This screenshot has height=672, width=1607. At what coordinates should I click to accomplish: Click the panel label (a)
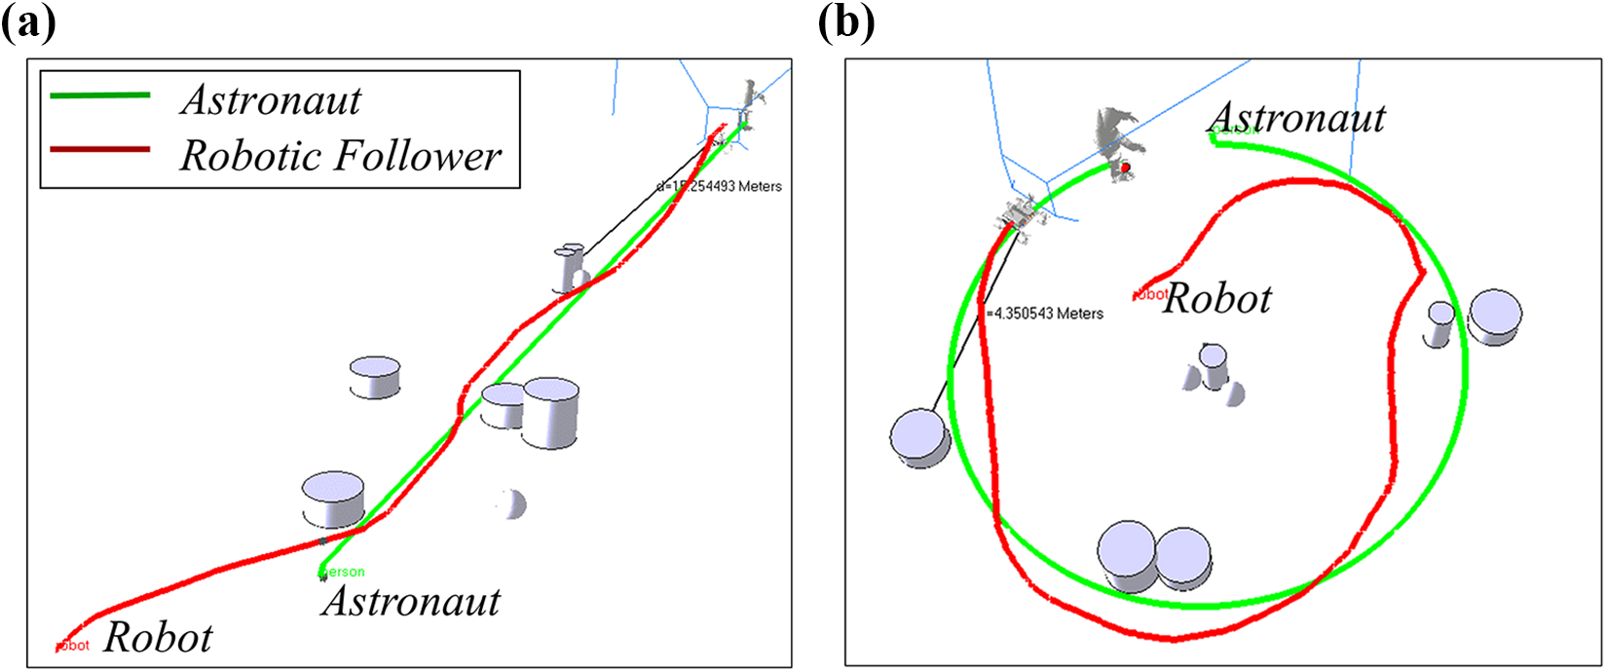tap(28, 22)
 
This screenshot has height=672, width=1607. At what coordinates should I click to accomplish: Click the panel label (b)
tap(846, 22)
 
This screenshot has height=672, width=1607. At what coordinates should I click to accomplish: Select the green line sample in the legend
tap(100, 95)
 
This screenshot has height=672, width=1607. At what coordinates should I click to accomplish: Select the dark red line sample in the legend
tap(100, 149)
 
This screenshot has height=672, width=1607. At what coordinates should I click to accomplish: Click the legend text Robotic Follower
tap(340, 156)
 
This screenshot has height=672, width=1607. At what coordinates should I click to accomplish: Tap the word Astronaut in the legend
tap(271, 100)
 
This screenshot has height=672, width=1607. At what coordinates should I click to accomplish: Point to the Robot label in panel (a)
tap(158, 638)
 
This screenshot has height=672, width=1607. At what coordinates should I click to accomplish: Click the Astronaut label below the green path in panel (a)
tap(410, 601)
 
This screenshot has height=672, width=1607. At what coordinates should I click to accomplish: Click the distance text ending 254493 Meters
tap(721, 186)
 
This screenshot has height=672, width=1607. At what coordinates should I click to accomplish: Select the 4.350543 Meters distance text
tap(1045, 314)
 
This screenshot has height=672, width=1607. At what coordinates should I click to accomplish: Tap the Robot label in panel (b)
tap(1217, 299)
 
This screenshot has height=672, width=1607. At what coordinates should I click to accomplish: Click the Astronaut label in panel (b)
tap(1296, 119)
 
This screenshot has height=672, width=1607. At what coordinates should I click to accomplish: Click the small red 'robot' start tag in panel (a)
tap(73, 645)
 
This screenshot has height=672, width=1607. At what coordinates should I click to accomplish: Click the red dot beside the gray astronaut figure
tap(1126, 168)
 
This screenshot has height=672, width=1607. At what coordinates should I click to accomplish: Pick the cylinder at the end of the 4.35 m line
tap(919, 437)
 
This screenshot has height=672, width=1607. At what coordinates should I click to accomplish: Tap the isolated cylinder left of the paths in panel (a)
tap(374, 376)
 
